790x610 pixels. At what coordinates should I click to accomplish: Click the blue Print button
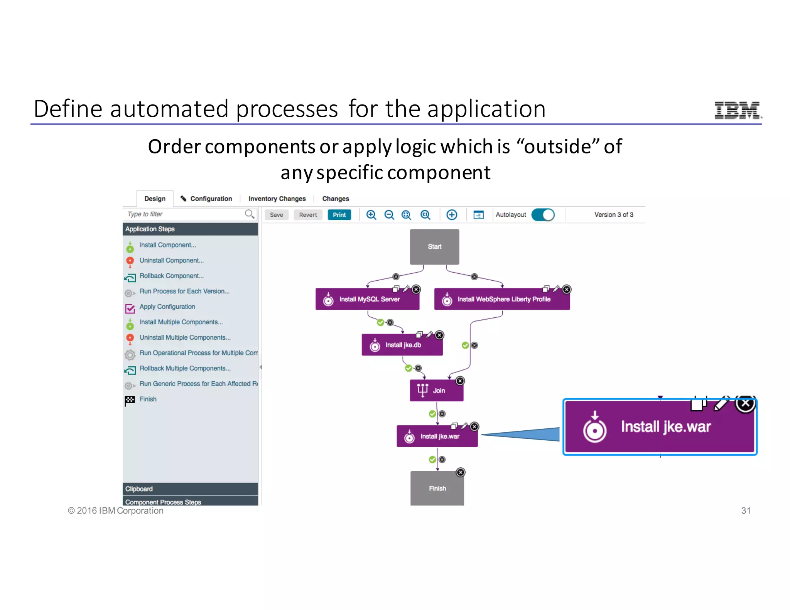point(339,215)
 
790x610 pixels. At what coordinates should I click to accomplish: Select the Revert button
point(308,215)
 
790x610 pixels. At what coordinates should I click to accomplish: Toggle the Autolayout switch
point(543,215)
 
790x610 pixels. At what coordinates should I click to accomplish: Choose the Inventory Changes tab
point(277,199)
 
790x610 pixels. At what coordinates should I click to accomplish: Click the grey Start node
point(434,247)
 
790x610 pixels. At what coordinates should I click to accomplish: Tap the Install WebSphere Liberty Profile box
point(502,300)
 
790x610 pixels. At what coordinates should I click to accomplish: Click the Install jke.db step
point(402,345)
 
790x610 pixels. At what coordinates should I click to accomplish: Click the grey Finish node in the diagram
point(437,489)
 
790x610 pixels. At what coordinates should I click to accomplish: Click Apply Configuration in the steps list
point(167,307)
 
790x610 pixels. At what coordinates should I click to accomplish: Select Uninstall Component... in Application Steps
point(171,260)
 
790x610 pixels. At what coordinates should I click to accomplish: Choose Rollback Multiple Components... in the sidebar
point(185,368)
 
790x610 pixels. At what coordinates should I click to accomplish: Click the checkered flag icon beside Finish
point(130,400)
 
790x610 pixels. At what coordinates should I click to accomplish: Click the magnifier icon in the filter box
point(250,214)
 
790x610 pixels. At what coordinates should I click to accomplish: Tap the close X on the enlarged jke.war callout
point(745,404)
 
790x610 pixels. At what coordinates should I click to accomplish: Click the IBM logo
point(738,110)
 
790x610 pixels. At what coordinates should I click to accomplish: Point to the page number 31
point(746,511)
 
